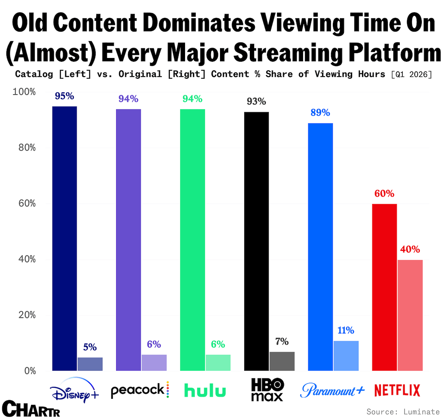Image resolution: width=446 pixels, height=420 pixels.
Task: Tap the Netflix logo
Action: (397, 390)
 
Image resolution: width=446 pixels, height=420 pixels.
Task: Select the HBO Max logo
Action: (267, 389)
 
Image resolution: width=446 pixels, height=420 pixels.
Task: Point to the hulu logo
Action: (205, 390)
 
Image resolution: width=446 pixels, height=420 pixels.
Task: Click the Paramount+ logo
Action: (332, 390)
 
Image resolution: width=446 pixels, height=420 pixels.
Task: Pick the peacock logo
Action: (140, 390)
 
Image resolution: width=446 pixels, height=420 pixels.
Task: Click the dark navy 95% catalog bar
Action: (64, 239)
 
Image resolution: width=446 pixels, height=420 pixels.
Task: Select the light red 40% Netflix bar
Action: (410, 315)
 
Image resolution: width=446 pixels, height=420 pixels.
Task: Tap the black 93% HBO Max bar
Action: (257, 241)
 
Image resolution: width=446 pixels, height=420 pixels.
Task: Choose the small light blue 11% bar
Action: (346, 356)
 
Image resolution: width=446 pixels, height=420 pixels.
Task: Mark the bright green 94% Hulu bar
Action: (192, 240)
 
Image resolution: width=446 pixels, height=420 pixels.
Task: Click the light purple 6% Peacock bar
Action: (154, 363)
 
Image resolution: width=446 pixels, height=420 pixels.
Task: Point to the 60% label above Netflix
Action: (384, 194)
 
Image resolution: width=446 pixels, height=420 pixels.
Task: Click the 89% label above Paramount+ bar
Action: (320, 113)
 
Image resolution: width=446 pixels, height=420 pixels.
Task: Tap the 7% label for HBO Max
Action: (282, 341)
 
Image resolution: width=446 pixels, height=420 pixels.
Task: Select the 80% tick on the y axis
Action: (27, 148)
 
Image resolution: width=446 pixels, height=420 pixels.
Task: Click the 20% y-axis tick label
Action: (27, 315)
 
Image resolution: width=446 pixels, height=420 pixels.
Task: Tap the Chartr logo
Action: (31, 408)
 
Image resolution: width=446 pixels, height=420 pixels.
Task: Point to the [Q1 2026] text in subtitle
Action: (412, 74)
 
